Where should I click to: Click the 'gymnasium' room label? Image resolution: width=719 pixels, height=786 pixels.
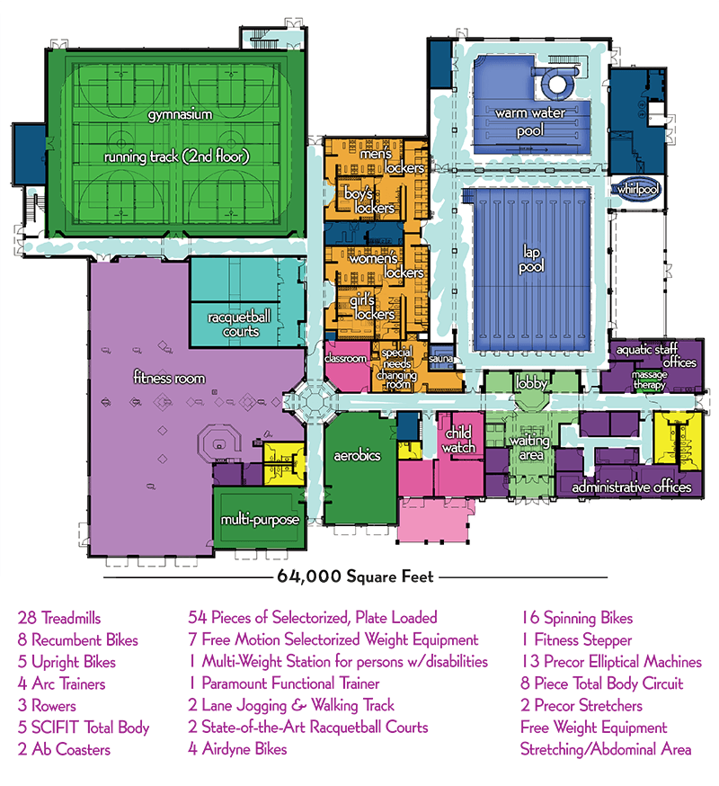pos(181,115)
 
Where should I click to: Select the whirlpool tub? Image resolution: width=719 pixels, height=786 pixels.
pos(637,190)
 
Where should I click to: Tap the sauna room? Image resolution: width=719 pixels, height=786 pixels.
pos(440,358)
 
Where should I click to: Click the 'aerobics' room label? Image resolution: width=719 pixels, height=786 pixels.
pos(357,456)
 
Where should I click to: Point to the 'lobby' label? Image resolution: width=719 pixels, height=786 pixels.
pos(531,384)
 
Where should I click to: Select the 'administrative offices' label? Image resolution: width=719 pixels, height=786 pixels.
pos(632,487)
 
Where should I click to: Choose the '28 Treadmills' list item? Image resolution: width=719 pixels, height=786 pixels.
pos(59,619)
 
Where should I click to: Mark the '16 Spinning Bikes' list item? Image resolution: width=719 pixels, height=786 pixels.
pos(577,619)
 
